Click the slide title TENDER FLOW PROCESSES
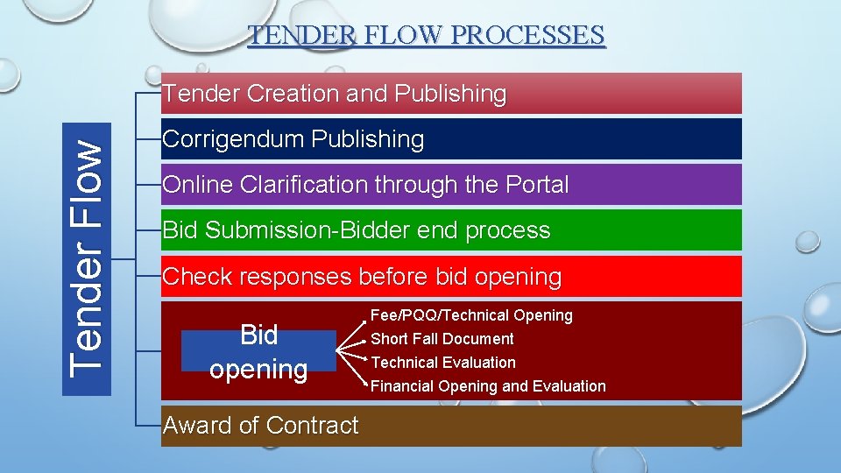point(426,35)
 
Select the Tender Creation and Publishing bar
point(451,94)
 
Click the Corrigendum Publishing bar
point(451,139)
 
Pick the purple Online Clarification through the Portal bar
point(451,185)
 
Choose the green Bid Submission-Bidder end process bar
point(451,230)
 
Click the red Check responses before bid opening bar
point(451,277)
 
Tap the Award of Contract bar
point(451,426)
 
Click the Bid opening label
point(258,351)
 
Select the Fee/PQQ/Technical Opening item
point(471,315)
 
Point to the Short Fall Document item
point(442,339)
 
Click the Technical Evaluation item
point(443,363)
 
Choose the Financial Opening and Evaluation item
point(488,386)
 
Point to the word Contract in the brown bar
point(313,426)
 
